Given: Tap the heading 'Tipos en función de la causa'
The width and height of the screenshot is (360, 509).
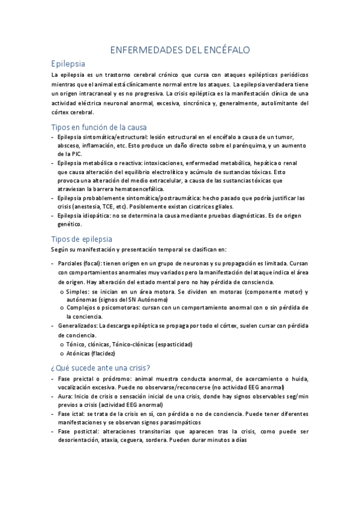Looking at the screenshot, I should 99,127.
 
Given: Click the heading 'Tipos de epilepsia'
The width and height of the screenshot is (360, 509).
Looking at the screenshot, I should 82,238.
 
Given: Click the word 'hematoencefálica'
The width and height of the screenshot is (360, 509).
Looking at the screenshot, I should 112,189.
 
